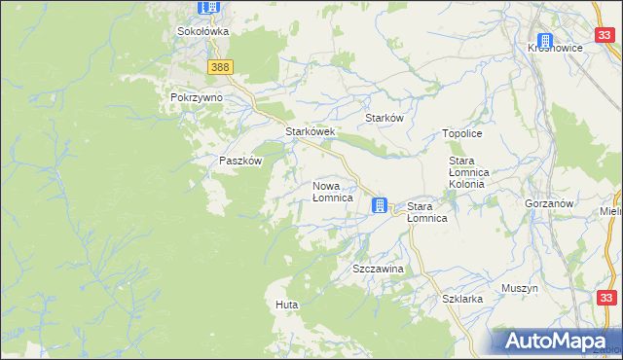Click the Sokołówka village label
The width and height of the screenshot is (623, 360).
click(x=202, y=31)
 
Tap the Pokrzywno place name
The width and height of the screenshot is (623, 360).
click(x=197, y=98)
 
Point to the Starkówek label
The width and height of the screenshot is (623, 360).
click(x=310, y=131)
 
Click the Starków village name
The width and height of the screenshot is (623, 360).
click(x=384, y=118)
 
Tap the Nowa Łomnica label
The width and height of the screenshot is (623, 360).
click(x=332, y=192)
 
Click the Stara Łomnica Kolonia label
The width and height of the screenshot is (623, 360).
click(x=473, y=171)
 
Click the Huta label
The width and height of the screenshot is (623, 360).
click(x=286, y=306)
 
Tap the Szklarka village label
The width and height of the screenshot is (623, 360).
click(x=462, y=300)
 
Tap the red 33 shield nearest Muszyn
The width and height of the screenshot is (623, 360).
click(x=606, y=299)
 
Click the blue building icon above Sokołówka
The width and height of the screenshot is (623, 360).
click(x=208, y=8)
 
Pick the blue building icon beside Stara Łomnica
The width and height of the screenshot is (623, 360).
click(x=380, y=205)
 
